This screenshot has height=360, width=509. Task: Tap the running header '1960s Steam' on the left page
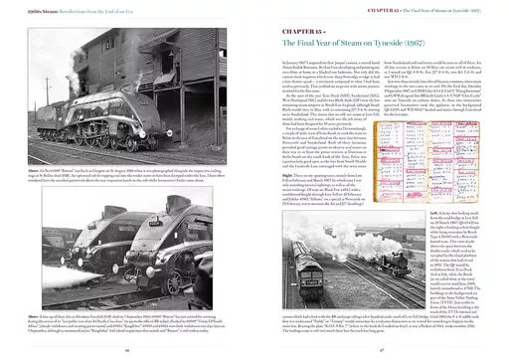pyautogui.click(x=23, y=8)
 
